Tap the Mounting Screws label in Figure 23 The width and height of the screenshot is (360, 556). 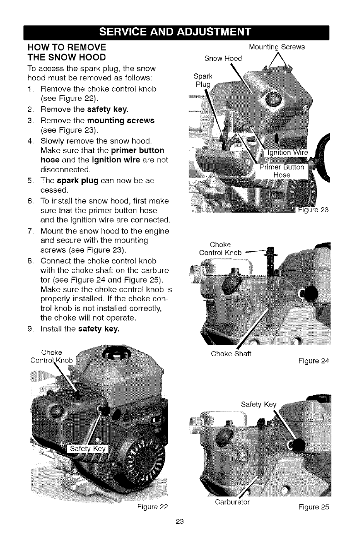[277, 47]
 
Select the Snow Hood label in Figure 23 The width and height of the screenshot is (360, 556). [224, 58]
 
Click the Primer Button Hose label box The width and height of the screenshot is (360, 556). [283, 172]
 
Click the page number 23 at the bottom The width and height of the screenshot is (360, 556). [179, 534]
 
